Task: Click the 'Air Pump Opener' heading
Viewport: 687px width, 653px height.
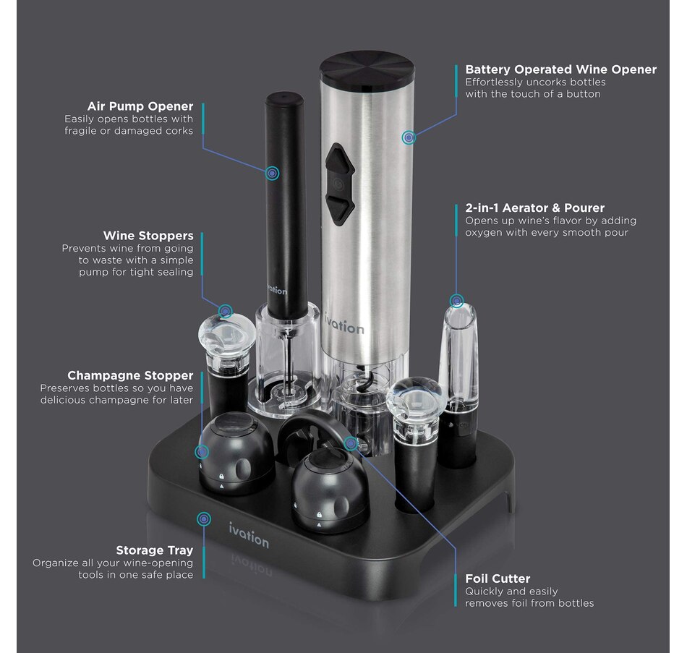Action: point(140,106)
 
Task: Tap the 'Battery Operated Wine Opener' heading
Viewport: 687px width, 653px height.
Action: point(560,69)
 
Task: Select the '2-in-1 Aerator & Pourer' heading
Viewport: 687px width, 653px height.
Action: point(534,208)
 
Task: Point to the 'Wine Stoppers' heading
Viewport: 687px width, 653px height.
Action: point(148,235)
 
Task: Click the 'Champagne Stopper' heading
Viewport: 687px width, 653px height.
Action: point(130,375)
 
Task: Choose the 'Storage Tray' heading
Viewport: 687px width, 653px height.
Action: point(155,550)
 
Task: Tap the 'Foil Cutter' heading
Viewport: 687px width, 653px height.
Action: point(498,579)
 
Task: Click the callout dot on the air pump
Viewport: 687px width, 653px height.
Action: point(272,173)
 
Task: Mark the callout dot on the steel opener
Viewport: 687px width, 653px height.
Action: point(409,136)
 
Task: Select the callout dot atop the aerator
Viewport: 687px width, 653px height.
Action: point(456,300)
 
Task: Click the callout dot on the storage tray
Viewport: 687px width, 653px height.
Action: point(205,518)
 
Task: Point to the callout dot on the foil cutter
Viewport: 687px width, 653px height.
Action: point(351,443)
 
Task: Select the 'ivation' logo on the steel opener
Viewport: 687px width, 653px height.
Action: point(343,326)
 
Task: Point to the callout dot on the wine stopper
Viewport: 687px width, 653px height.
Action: point(226,311)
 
